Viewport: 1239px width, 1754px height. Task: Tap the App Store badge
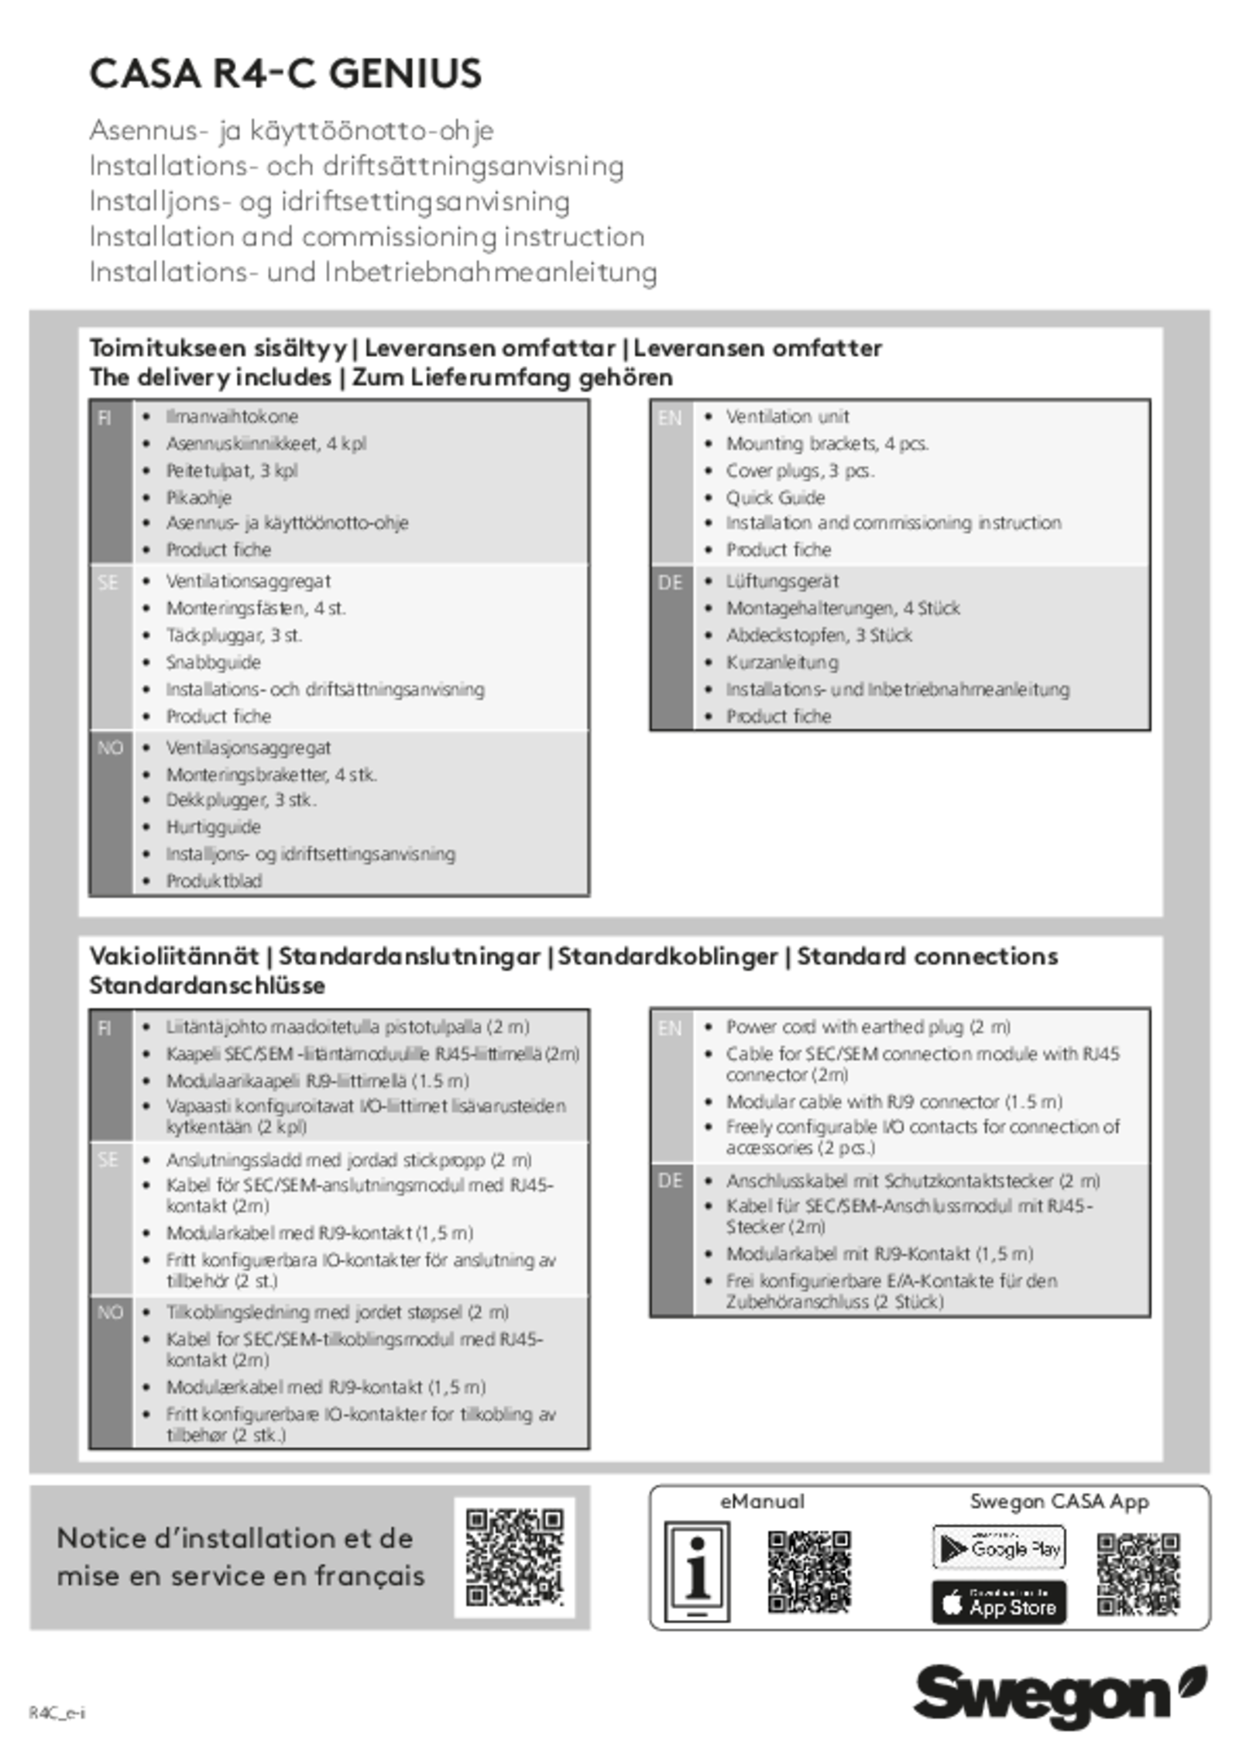[998, 1601]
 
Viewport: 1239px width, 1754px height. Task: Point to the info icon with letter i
[698, 1573]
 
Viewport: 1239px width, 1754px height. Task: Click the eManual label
[762, 1501]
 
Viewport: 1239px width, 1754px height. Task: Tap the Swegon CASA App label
[1059, 1501]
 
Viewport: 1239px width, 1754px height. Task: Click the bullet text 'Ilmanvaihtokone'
[232, 417]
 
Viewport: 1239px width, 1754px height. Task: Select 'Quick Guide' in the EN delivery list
[774, 497]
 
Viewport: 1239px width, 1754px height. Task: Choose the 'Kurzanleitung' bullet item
[781, 662]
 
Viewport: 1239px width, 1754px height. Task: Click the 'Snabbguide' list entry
[213, 662]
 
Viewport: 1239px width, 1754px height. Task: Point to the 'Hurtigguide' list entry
[213, 827]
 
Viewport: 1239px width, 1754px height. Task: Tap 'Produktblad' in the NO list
[214, 881]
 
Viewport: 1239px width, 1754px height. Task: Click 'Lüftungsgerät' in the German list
[781, 581]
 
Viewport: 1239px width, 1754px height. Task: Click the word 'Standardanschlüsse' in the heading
[207, 986]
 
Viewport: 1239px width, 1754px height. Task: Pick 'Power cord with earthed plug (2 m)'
[867, 1027]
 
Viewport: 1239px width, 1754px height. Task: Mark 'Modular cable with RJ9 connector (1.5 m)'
[894, 1102]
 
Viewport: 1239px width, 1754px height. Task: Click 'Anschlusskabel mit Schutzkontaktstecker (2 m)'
[912, 1181]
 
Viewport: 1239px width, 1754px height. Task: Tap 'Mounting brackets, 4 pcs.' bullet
[826, 444]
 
